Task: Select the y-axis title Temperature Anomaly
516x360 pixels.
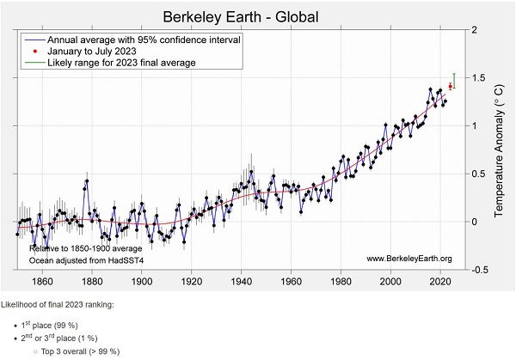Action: [500, 149]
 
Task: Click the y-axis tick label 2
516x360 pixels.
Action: [474, 30]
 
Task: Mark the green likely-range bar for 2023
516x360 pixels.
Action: [455, 81]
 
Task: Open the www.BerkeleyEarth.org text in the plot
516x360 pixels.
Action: [408, 259]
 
